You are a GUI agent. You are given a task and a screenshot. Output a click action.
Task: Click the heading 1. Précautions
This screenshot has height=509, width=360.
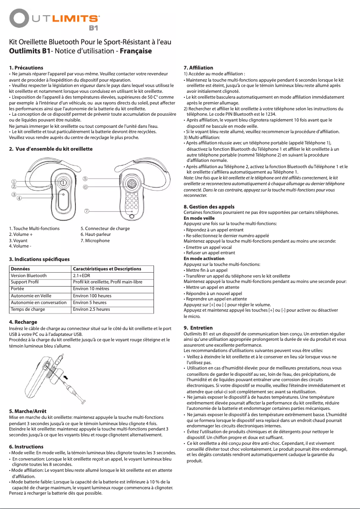click(x=26, y=67)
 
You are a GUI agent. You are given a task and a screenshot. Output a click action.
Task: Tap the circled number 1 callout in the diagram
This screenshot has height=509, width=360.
click(x=14, y=181)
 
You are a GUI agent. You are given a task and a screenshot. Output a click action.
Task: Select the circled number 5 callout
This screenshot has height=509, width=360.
click(x=85, y=178)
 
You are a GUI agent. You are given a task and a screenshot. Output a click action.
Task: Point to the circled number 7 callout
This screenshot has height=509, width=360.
click(x=87, y=210)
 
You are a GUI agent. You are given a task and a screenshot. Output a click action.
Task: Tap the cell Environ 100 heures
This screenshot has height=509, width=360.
click(x=92, y=296)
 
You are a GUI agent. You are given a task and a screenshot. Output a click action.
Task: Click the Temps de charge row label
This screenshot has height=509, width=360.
click(x=27, y=309)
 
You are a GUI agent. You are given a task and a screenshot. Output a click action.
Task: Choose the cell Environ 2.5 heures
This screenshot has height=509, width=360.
click(x=91, y=309)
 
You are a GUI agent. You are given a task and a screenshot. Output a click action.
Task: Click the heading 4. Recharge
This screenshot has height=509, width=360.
click(x=24, y=322)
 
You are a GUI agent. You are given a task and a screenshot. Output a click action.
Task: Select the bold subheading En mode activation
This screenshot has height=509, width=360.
click(x=204, y=259)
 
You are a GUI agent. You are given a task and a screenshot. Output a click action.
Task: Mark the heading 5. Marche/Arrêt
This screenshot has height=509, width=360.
click(x=28, y=411)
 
